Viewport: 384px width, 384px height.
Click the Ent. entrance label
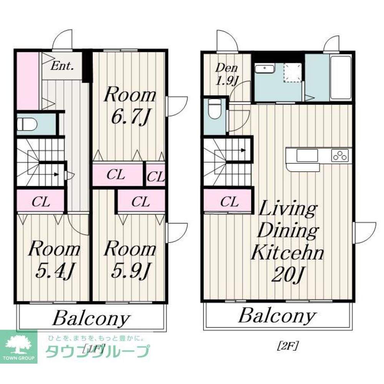[62, 66]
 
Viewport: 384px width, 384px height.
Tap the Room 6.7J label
[130, 106]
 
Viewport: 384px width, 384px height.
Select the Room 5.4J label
[54, 260]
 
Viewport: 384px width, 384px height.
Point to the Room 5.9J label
[130, 260]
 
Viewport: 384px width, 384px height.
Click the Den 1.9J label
[227, 74]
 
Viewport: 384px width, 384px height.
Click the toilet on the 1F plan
[27, 124]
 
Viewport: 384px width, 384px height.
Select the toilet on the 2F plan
[215, 109]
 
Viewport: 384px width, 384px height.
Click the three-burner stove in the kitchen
[340, 155]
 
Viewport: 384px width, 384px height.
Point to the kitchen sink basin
[307, 156]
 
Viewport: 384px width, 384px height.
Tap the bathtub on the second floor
[341, 78]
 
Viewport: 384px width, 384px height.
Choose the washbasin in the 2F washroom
[265, 69]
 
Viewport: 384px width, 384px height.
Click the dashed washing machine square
[293, 73]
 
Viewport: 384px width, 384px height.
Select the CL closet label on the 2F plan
[229, 202]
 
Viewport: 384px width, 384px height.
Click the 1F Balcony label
[91, 318]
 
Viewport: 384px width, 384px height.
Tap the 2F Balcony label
[277, 316]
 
